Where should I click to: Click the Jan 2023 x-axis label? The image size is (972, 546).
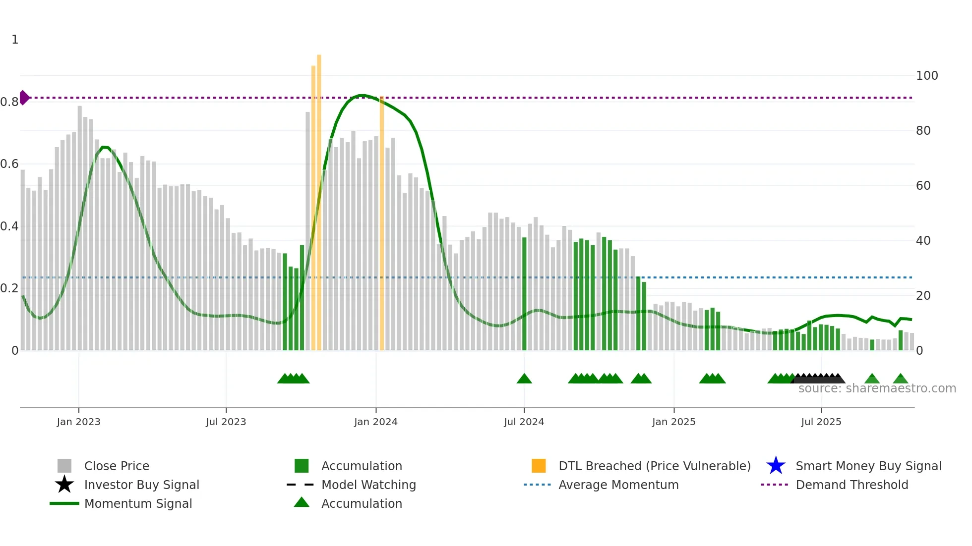coord(78,422)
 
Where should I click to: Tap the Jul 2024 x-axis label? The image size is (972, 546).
coord(524,422)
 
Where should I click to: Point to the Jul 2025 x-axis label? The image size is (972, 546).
coord(821,422)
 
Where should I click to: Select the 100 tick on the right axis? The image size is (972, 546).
coord(926,76)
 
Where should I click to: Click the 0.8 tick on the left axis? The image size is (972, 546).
coord(9,102)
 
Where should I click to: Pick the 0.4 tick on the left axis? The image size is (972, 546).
coord(9,226)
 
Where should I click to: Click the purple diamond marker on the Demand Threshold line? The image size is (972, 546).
coord(24,98)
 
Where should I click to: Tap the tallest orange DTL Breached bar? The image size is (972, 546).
coord(319,198)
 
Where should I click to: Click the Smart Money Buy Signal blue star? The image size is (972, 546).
coord(776,466)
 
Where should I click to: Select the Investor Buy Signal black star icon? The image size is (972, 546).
coord(64,485)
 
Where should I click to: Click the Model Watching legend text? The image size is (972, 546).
coord(368,485)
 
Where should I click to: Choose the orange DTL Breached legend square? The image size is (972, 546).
coord(539,466)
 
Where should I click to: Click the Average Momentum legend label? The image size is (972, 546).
coord(618,485)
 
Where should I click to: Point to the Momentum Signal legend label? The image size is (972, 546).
coord(138,503)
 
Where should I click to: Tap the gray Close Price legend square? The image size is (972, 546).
coord(64,466)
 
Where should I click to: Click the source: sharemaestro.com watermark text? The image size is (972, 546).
coord(877,388)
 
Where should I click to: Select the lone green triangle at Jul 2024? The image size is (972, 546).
coord(524,379)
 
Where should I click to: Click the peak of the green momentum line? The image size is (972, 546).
coord(363,95)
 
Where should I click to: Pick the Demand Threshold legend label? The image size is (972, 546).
coord(851,485)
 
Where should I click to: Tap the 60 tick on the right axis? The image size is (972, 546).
coord(923,186)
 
